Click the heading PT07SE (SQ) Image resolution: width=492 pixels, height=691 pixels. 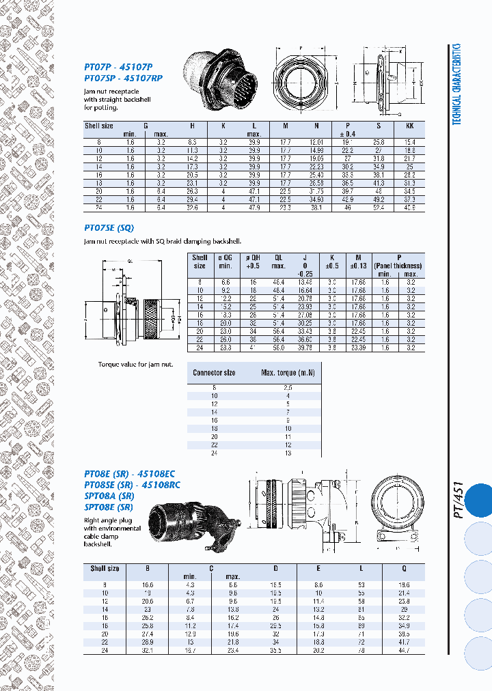pyautogui.click(x=109, y=227)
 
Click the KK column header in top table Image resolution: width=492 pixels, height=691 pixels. pyautogui.click(x=409, y=126)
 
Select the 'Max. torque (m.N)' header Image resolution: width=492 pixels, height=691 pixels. pyautogui.click(x=286, y=373)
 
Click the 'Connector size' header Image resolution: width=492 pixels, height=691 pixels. pyautogui.click(x=214, y=373)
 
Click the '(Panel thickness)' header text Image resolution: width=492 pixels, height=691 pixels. pyautogui.click(x=398, y=266)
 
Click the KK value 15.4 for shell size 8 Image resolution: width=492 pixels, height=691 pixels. pyautogui.click(x=409, y=141)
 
